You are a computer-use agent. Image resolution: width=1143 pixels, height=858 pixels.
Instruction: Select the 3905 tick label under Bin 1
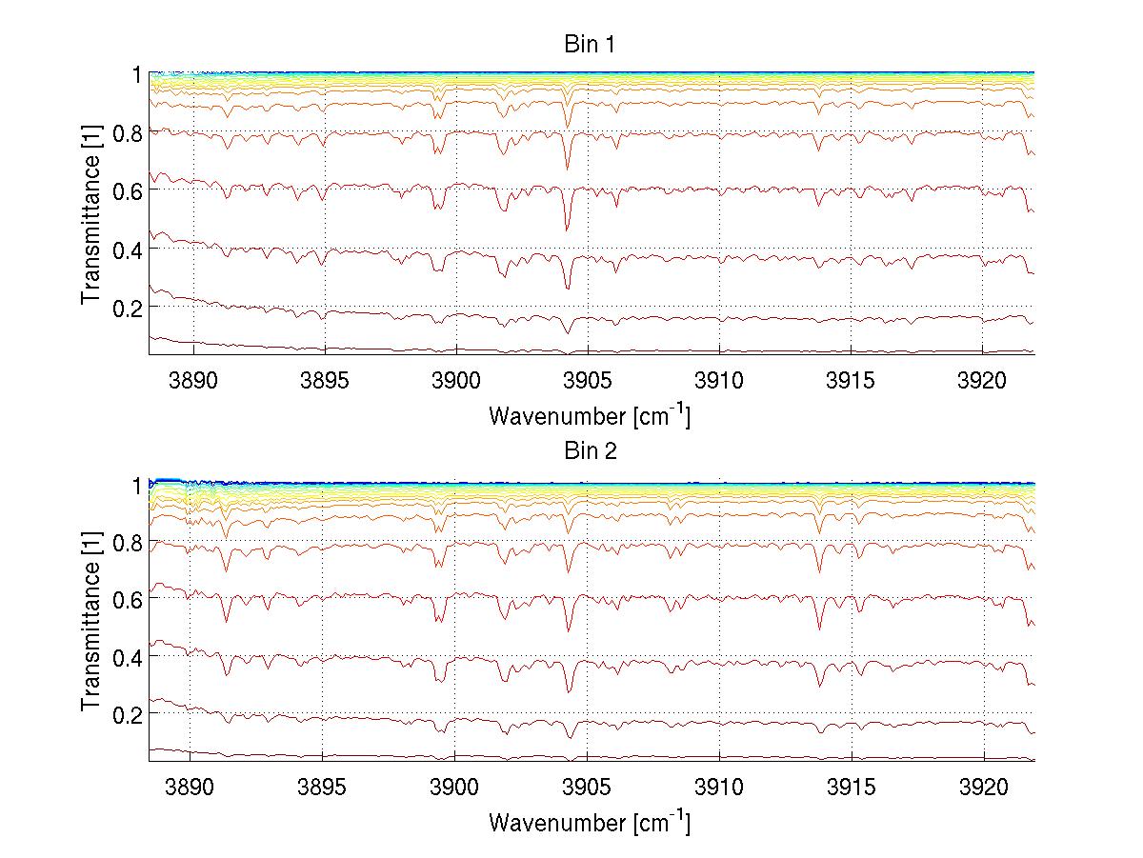point(588,381)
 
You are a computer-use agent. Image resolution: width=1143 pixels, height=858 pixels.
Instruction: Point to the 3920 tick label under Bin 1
point(982,381)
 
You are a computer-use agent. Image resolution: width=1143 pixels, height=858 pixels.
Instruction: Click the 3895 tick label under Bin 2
point(323,788)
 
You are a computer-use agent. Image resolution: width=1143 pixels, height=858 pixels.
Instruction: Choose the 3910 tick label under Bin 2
point(718,788)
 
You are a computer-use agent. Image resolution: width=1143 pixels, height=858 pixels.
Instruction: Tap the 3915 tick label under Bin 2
point(851,788)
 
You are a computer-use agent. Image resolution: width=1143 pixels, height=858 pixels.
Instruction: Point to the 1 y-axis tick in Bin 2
point(136,484)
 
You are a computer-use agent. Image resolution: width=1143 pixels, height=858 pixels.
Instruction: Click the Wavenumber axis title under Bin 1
point(589,415)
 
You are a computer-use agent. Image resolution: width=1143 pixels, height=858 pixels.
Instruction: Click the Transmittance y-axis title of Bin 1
point(91,213)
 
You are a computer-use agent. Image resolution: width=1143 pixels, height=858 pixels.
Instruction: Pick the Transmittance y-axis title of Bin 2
point(91,621)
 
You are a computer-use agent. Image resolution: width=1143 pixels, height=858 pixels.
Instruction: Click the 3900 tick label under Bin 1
point(456,381)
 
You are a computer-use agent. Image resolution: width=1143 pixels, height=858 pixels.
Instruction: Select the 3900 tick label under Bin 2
point(454,788)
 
